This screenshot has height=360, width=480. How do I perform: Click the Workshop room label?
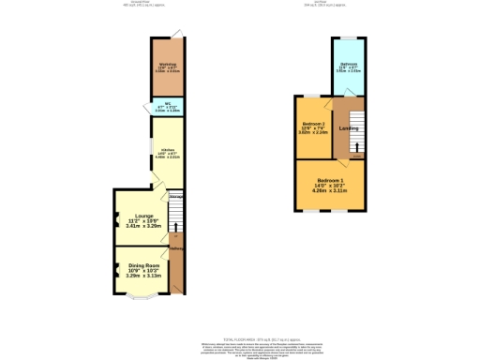click(x=169, y=64)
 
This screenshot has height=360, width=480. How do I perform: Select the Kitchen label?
click(x=168, y=149)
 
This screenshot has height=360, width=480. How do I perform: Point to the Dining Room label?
click(x=144, y=265)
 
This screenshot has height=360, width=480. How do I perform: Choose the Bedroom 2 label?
click(x=313, y=124)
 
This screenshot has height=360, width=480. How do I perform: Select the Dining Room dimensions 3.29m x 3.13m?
click(x=144, y=277)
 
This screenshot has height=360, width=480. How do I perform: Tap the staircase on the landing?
click(x=355, y=140)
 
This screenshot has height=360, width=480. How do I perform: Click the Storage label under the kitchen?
click(x=175, y=196)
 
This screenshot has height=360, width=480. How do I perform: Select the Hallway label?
click(x=175, y=248)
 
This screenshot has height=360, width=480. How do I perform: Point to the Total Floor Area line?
click(x=240, y=338)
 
